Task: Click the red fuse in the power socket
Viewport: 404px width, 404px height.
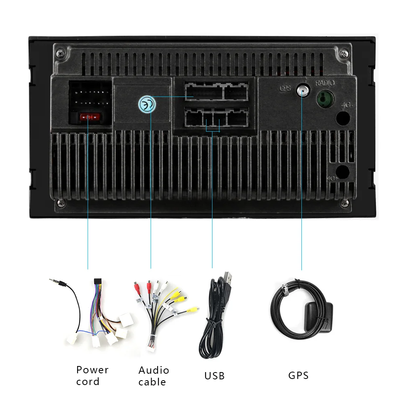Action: [88, 117]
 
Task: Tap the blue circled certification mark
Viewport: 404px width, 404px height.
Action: [147, 103]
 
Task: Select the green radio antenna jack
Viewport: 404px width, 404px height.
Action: [325, 98]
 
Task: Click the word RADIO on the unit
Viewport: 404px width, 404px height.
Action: [325, 83]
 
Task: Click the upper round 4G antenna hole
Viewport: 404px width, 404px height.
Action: [343, 118]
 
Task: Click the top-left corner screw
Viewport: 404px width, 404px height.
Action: [60, 52]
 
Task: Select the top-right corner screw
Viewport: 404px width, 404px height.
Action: [344, 53]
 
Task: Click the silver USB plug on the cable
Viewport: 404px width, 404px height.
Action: [229, 279]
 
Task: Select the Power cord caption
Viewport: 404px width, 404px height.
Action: [93, 376]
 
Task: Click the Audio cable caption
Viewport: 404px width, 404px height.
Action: [154, 376]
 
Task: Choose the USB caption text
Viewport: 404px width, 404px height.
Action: [214, 376]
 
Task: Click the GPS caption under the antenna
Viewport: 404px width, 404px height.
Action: [298, 375]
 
